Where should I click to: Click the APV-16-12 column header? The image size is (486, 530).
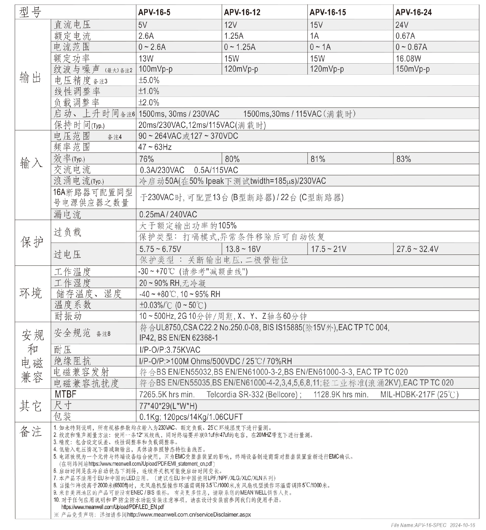click(x=242, y=12)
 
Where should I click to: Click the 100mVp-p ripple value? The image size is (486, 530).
click(x=155, y=69)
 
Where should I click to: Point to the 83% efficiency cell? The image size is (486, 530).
click(x=403, y=159)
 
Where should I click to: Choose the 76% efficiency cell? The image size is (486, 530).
click(x=147, y=159)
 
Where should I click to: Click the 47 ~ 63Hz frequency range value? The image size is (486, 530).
click(x=155, y=147)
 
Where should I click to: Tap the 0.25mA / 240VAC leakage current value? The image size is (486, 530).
click(x=168, y=214)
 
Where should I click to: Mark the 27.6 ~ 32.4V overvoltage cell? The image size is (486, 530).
click(x=417, y=249)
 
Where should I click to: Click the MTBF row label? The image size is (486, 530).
click(x=66, y=394)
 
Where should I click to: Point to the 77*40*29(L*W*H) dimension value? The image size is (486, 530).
click(x=168, y=406)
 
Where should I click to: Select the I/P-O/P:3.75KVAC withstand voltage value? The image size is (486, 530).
click(x=170, y=349)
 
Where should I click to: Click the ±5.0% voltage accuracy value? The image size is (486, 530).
click(x=149, y=80)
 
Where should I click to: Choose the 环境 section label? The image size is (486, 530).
click(x=31, y=293)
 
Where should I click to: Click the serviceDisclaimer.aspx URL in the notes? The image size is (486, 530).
click(x=189, y=514)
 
